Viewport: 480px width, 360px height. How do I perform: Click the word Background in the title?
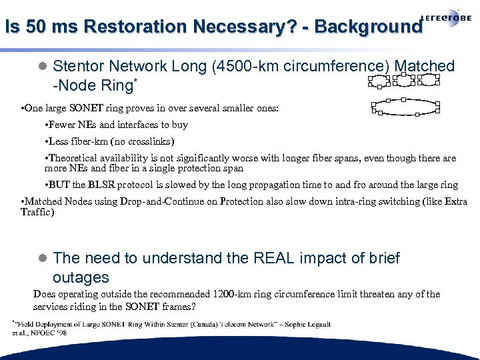368,27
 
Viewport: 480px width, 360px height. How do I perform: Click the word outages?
81,277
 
